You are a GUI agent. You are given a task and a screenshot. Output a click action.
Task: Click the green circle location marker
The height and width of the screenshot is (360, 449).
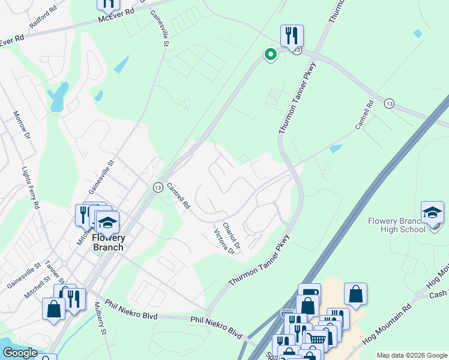click(x=271, y=55)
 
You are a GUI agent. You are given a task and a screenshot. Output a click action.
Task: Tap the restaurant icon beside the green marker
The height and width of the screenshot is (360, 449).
click(x=292, y=35)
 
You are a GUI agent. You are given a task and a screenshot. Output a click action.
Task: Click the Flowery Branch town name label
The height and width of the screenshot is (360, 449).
click(x=108, y=242)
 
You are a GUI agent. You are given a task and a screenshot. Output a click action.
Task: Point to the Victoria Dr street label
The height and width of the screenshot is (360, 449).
click(x=224, y=241)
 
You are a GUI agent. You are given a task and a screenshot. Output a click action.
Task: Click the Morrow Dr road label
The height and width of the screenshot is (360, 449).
click(x=22, y=125)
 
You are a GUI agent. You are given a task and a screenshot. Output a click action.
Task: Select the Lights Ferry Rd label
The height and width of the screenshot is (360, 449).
click(x=29, y=188)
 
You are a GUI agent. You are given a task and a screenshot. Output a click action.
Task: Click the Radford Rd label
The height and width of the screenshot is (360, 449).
click(x=43, y=21)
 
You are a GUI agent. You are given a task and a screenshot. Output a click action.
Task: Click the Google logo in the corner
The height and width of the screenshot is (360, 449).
click(x=20, y=353)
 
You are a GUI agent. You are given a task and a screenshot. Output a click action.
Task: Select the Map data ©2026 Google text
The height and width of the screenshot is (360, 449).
click(x=411, y=355)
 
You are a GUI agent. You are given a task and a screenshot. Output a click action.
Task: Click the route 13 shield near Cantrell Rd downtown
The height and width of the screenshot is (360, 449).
click(x=157, y=187)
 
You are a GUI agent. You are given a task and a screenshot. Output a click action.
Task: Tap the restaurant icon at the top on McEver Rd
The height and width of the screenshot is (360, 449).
click(x=108, y=4)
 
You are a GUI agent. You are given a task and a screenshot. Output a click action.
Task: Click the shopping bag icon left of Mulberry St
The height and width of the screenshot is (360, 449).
click(x=54, y=308)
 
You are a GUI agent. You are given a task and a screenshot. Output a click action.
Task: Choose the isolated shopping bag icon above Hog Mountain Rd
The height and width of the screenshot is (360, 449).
click(x=355, y=293)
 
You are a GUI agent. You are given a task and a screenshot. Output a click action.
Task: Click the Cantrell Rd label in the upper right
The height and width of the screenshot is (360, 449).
click(x=364, y=115)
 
